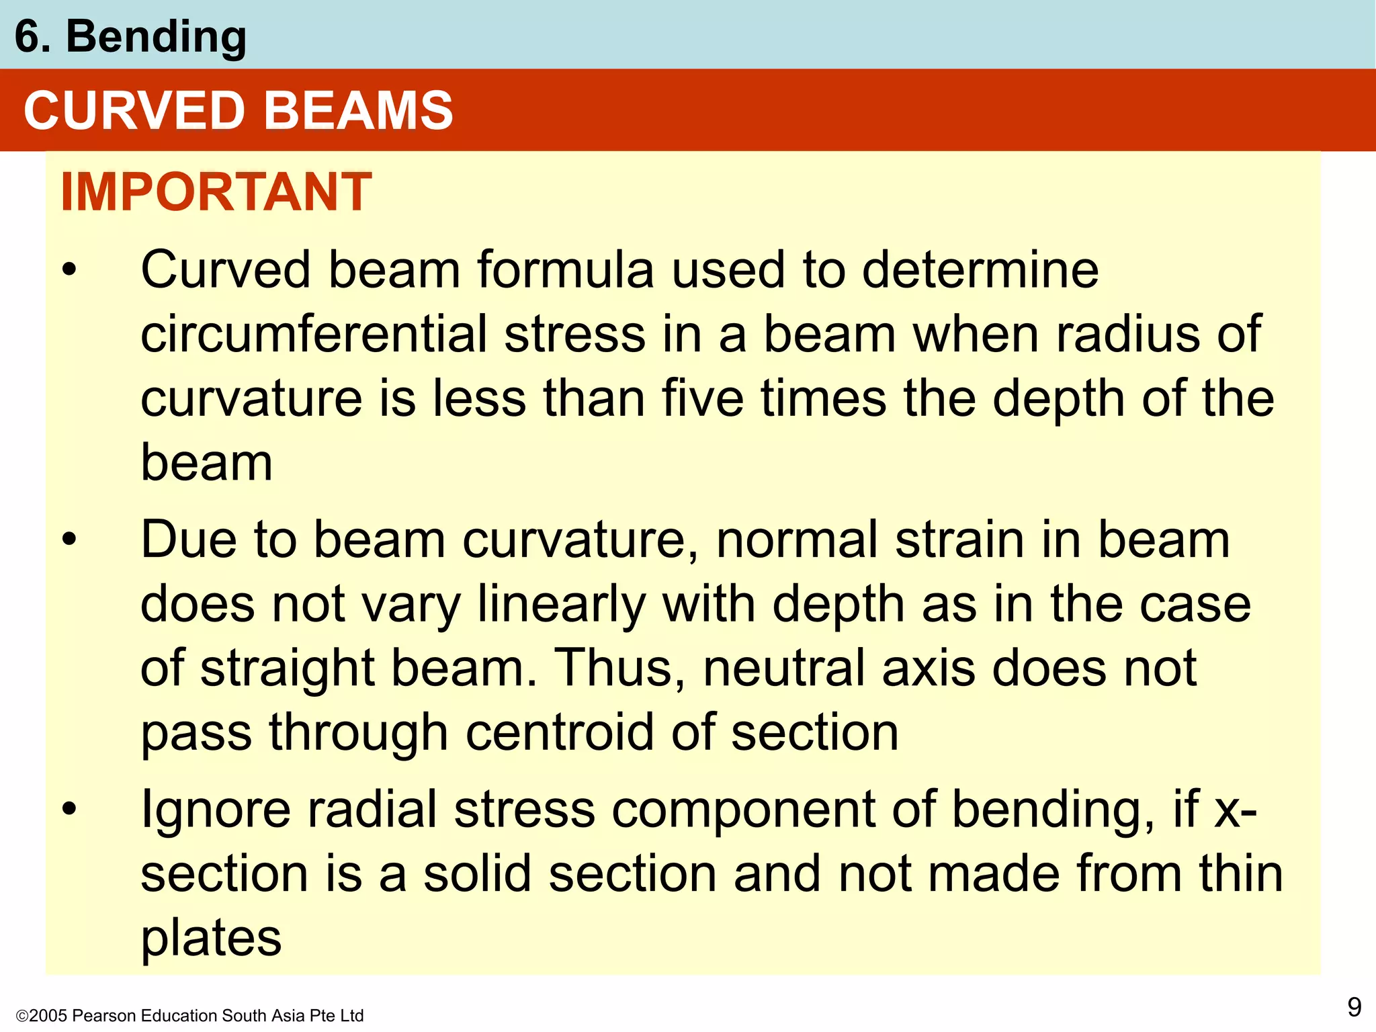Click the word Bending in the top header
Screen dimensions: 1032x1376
click(156, 37)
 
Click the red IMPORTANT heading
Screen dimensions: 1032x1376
click(216, 192)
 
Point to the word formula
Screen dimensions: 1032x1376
click(565, 270)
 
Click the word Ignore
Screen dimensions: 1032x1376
click(215, 810)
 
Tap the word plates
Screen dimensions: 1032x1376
click(211, 939)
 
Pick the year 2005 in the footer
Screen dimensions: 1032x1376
click(48, 1016)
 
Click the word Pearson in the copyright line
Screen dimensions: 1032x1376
click(99, 1016)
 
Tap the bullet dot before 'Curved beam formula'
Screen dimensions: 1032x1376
click(69, 271)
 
